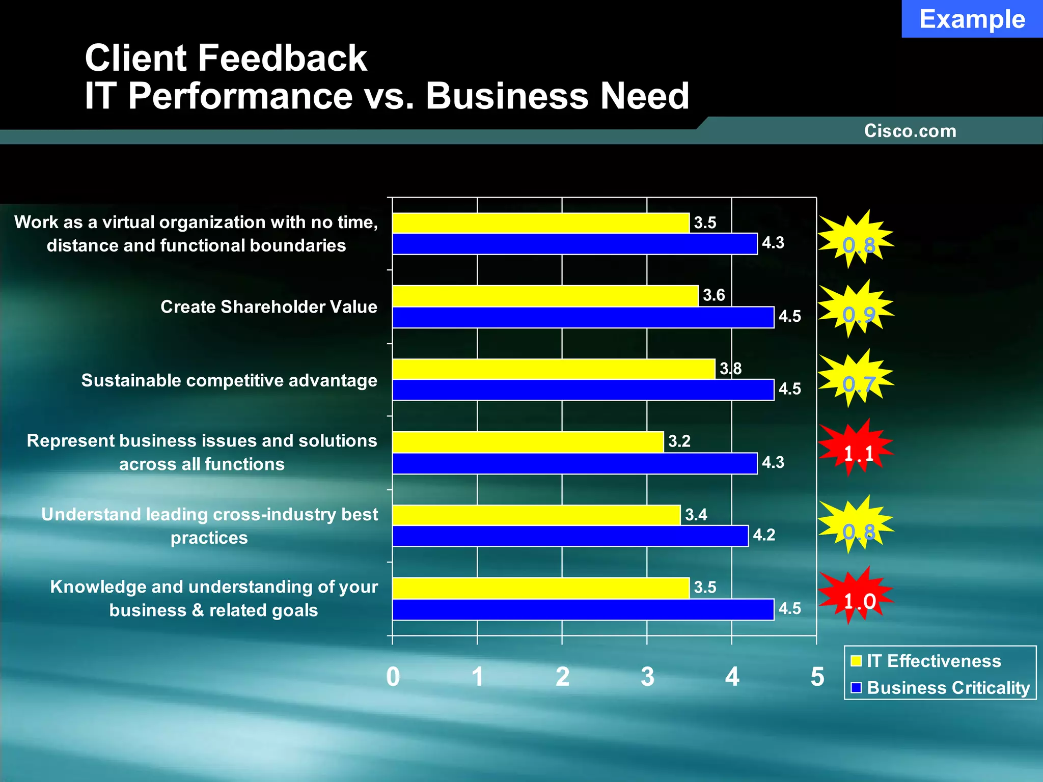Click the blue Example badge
(x=972, y=19)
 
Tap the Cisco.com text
(x=910, y=131)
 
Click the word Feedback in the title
(x=282, y=58)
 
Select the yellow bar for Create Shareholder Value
(x=545, y=296)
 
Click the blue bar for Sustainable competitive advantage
(x=583, y=390)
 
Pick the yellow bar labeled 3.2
(x=528, y=442)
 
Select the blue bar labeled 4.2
(x=570, y=536)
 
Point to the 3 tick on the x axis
(x=647, y=677)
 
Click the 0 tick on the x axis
(x=393, y=677)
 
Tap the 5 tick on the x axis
(x=817, y=677)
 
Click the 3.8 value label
(x=730, y=368)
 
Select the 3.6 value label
(x=713, y=295)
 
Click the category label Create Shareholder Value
(x=269, y=307)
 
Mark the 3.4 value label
(x=696, y=515)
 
